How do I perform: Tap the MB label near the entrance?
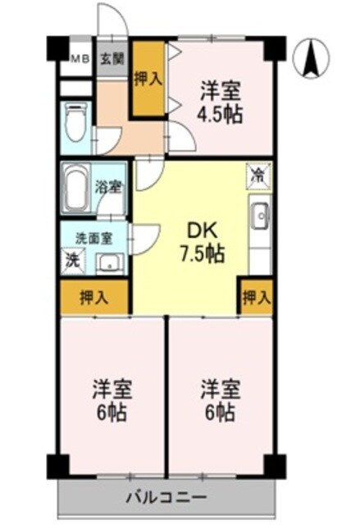(x=79, y=58)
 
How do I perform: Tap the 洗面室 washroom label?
(x=93, y=239)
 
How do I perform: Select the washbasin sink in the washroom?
(x=108, y=262)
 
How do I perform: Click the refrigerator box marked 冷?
(x=257, y=175)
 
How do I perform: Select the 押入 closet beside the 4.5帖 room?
(x=148, y=78)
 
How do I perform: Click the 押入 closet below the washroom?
(x=94, y=298)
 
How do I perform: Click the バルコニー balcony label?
(x=166, y=496)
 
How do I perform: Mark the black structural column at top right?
(x=275, y=49)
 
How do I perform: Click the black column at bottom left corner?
(x=56, y=464)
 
